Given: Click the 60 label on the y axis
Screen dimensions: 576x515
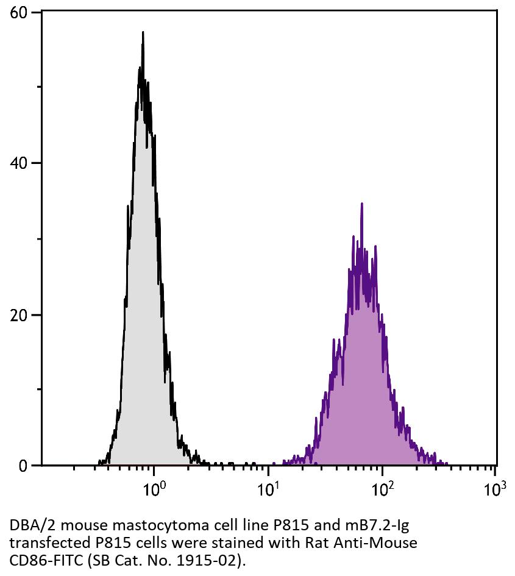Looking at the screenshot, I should [19, 12].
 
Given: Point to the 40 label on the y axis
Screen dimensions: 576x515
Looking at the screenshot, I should [19, 163].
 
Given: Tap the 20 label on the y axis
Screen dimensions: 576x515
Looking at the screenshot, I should [19, 315].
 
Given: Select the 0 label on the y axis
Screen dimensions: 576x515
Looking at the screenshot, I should [23, 466].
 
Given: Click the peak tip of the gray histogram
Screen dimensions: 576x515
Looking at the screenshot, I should [143, 33].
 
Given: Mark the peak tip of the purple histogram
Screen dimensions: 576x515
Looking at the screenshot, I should [361, 204].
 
